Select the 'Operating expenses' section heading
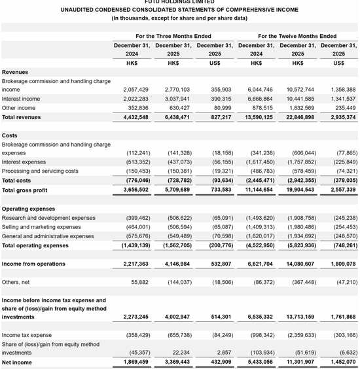coord(28,209)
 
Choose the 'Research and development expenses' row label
coord(48,218)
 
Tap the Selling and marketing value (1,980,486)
coord(297,227)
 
